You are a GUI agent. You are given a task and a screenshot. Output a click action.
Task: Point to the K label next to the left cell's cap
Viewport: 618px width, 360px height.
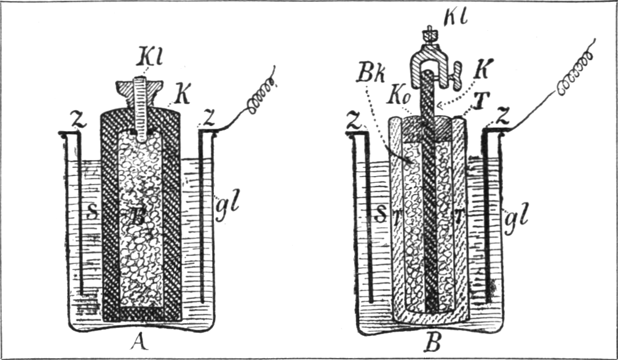pos(182,95)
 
